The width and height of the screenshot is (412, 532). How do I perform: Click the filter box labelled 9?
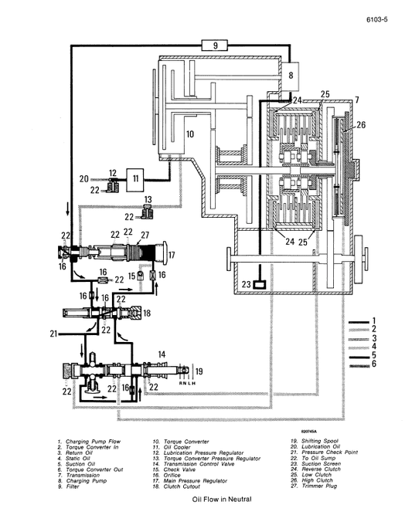tap(216, 46)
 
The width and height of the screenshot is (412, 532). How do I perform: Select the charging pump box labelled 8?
tap(291, 76)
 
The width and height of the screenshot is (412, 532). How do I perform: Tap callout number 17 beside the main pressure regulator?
tap(172, 255)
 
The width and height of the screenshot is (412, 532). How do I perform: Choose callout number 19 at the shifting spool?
tap(199, 372)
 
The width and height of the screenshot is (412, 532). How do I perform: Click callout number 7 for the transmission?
tap(357, 100)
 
